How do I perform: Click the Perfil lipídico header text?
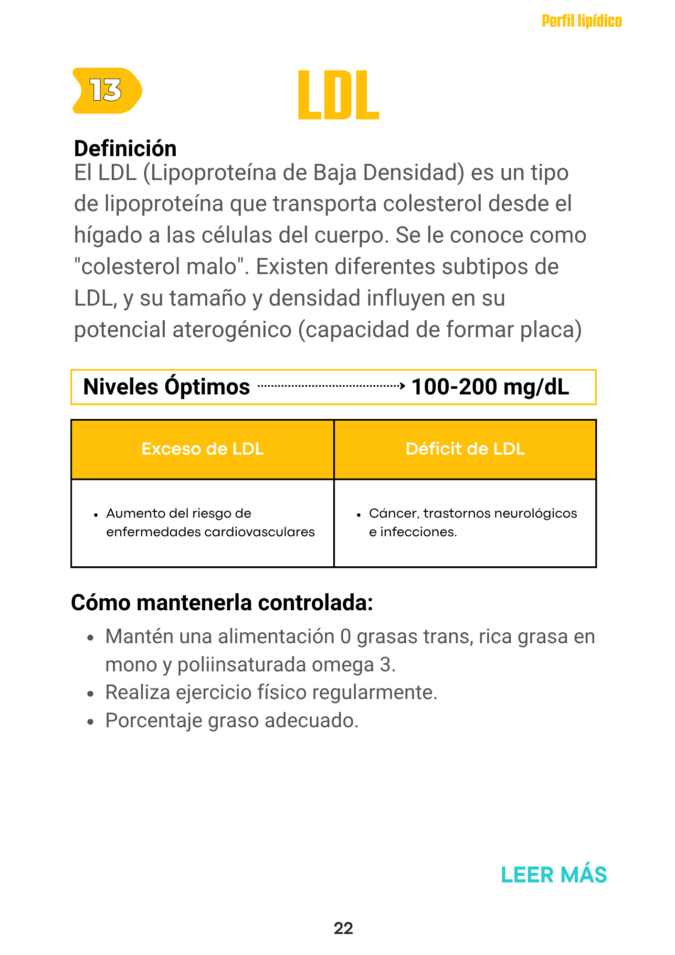tap(581, 21)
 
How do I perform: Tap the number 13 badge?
tap(106, 90)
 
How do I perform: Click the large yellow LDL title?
tap(338, 95)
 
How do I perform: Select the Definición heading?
tap(125, 149)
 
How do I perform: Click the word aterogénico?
tap(232, 330)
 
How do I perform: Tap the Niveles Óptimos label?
tap(166, 387)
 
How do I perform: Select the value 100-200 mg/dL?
tap(490, 387)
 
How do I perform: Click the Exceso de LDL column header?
tap(202, 449)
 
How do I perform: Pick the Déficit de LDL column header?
tap(465, 449)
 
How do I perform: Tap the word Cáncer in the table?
tap(394, 513)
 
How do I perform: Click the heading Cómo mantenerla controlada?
tap(221, 603)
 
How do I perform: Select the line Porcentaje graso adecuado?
tap(232, 721)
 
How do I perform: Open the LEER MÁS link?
tap(554, 875)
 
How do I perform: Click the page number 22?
tap(343, 928)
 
